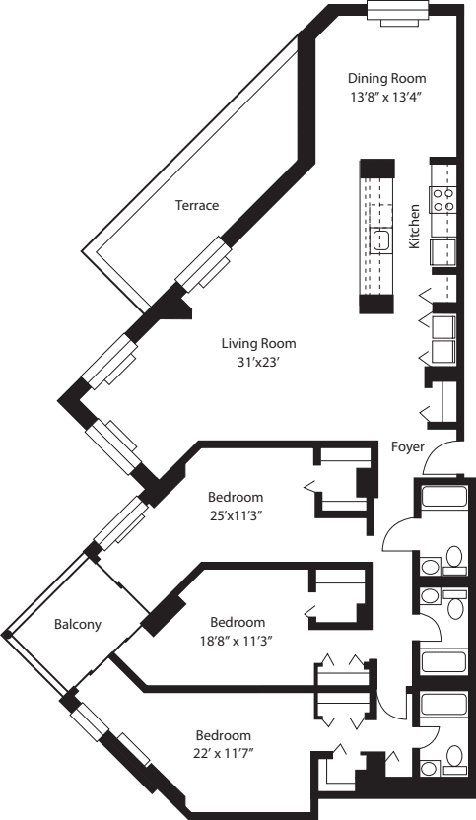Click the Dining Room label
pos(387,78)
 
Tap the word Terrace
pos(197,205)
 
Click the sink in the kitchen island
pos(382,239)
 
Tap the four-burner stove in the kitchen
pos(442,201)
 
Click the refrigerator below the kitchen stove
pos(442,250)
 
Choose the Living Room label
pos(258,343)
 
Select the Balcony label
pos(75,624)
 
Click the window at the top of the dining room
pos(397,10)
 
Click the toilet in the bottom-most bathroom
pos(453,756)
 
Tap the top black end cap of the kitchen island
pos(376,168)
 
